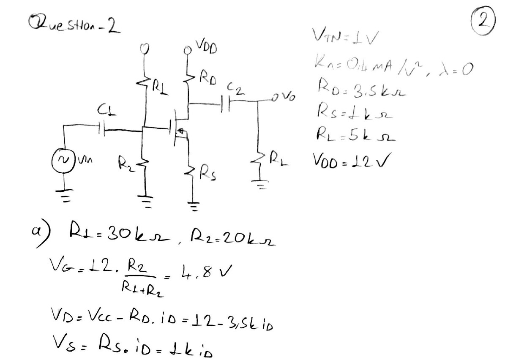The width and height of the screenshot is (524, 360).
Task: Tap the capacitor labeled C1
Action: tap(101, 127)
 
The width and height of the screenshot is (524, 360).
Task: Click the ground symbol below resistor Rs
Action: tap(193, 207)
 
